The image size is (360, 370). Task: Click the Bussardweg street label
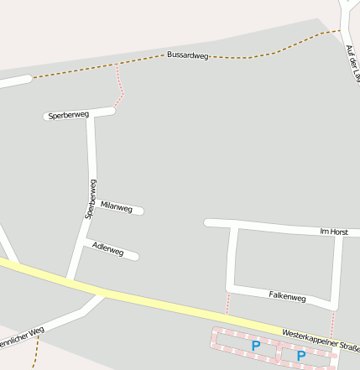(x=187, y=55)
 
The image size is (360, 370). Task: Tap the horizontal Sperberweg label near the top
(x=69, y=114)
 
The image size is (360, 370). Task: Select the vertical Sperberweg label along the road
(x=90, y=199)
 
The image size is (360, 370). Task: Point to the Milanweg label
(x=116, y=206)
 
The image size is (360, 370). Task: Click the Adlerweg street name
(x=109, y=249)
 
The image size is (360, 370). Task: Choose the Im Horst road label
(x=334, y=231)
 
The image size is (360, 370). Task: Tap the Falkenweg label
(x=287, y=296)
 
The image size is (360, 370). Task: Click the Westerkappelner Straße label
(x=321, y=340)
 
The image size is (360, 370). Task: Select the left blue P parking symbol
(x=255, y=345)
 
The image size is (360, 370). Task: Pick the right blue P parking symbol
(x=300, y=355)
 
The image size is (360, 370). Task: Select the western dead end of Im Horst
(x=208, y=222)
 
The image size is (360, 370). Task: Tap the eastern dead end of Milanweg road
(x=140, y=211)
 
